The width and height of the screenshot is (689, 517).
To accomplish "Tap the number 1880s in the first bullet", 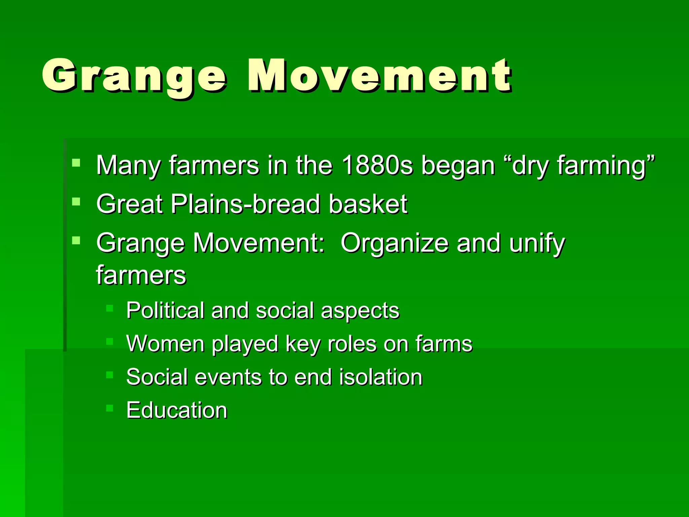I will (377, 165).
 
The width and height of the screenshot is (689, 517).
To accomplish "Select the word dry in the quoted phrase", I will (530, 166).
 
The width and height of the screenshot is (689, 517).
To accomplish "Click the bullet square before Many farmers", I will (76, 163).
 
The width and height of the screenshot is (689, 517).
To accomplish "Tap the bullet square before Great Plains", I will (76, 202).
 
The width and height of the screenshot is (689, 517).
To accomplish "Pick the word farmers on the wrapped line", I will (141, 275).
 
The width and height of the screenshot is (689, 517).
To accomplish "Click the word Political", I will (165, 310).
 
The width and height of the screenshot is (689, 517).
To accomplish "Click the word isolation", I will (380, 377).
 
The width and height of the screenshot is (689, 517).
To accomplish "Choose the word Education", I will (177, 410).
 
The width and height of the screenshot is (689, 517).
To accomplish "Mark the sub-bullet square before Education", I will (109, 408).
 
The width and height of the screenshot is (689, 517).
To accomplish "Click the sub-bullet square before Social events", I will (109, 375).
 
